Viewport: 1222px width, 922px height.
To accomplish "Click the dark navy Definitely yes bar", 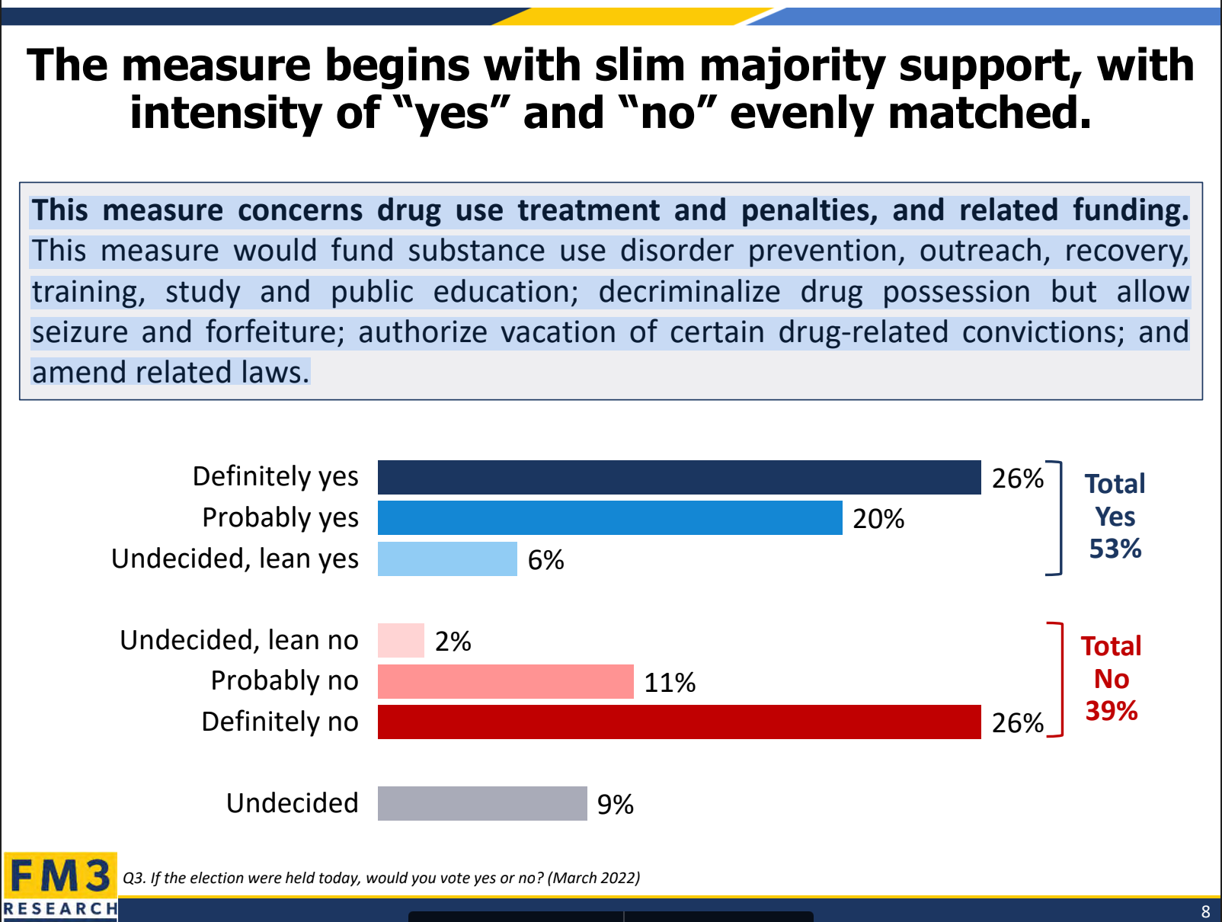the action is (680, 477).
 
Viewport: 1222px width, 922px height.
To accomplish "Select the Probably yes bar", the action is (610, 518).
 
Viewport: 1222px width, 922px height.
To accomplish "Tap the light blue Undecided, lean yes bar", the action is (448, 559).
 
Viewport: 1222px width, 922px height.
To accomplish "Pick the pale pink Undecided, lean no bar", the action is (401, 640).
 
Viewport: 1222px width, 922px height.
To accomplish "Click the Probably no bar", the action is (506, 681).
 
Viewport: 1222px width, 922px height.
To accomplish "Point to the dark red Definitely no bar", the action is (680, 722).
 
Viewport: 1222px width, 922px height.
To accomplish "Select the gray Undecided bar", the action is (482, 803).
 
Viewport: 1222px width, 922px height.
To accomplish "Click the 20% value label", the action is (878, 519).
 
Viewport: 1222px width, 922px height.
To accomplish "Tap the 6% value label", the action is (545, 559).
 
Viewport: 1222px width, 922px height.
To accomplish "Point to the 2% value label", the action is (453, 642).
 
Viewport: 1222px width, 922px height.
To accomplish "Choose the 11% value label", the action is (670, 682).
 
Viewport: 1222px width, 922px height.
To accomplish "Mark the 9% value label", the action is (615, 805).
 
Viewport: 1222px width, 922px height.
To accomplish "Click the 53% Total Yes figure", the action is (1115, 549).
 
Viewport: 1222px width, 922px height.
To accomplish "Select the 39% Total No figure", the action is (1112, 711).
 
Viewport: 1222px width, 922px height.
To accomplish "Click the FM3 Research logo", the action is (60, 886).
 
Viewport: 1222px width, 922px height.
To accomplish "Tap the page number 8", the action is (1205, 911).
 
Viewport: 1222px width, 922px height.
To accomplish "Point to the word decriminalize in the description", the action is (689, 292).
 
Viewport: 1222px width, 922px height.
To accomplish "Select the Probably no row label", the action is (284, 681).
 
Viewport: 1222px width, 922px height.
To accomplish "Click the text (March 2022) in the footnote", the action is (594, 878).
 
